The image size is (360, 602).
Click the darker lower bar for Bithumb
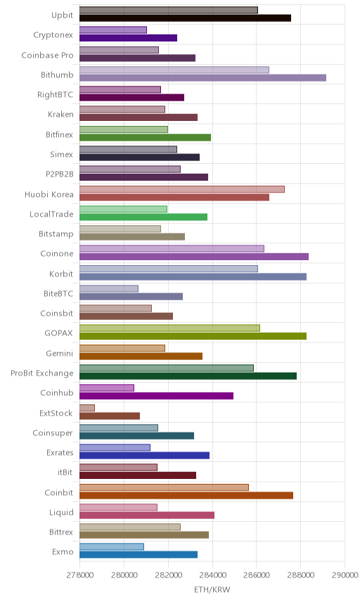[x=202, y=78]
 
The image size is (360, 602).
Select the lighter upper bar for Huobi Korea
[x=182, y=189]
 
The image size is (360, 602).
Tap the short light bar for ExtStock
[x=87, y=408]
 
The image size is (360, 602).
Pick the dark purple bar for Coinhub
[x=156, y=396]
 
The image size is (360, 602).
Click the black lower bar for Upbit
[x=185, y=18]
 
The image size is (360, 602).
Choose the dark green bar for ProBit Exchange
[x=188, y=376]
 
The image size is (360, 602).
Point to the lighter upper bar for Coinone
[x=172, y=249]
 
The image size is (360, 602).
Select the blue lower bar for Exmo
[x=139, y=554]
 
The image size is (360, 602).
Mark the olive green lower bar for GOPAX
[x=193, y=336]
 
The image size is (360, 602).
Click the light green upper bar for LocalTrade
[x=123, y=210]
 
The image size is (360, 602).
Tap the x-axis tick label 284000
[x=212, y=575]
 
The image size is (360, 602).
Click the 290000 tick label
[x=345, y=575]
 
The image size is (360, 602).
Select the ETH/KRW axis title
[x=212, y=590]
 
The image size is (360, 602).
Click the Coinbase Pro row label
[x=47, y=56]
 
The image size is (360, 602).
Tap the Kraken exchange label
[x=60, y=115]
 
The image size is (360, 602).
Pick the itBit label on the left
[x=65, y=472]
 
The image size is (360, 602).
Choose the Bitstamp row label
[x=56, y=233]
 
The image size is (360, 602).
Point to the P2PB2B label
[x=60, y=174]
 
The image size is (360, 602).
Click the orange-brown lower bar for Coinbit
[x=186, y=495]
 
